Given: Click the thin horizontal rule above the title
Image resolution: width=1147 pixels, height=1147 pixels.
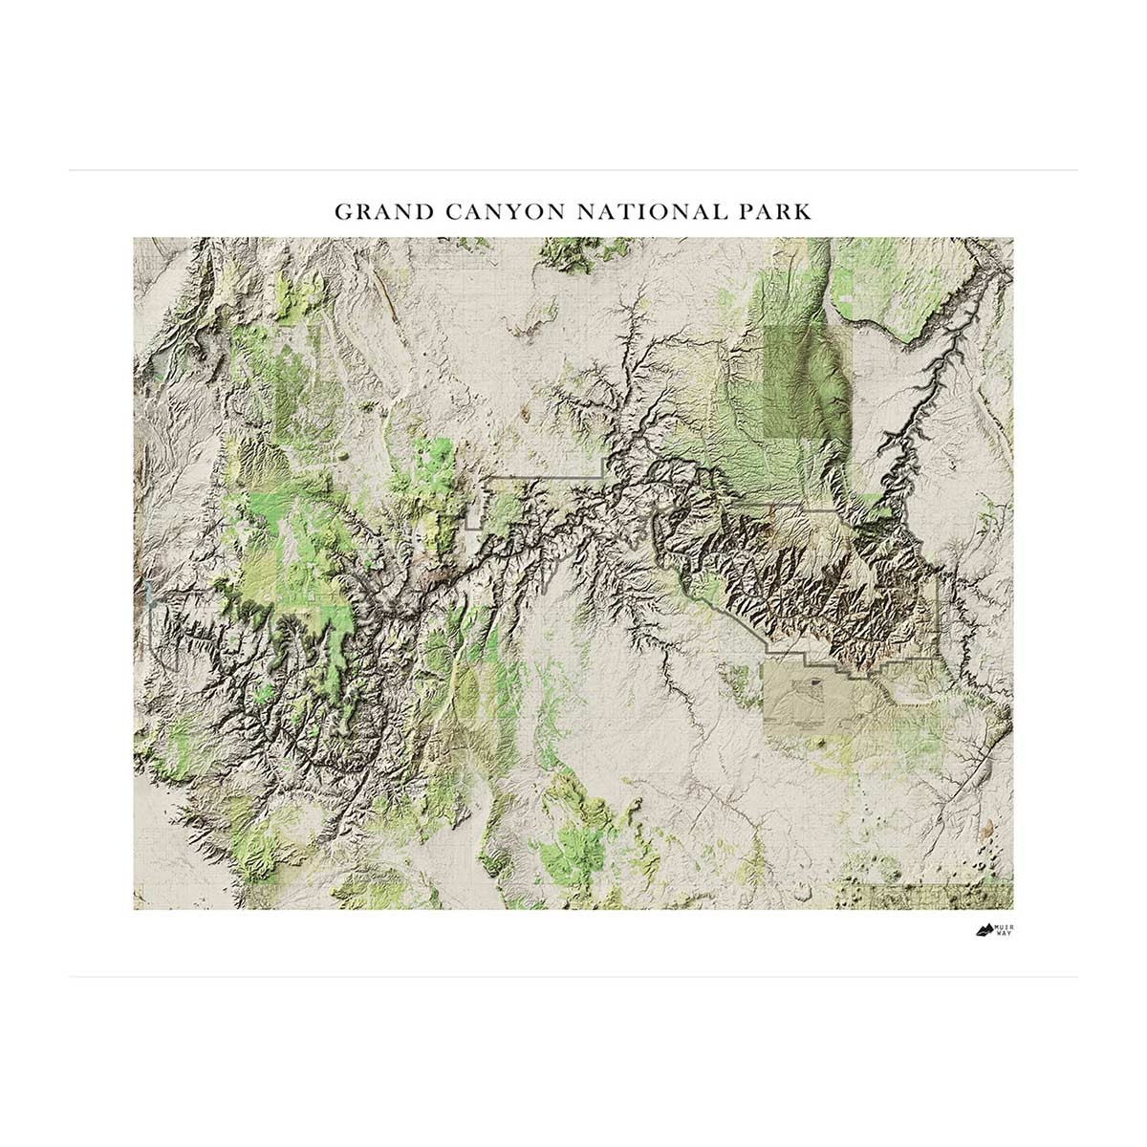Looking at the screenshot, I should click(x=573, y=171).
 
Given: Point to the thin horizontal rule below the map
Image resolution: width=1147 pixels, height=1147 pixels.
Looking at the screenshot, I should click(x=573, y=977).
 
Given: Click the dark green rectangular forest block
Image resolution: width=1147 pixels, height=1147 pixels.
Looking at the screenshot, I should click(x=808, y=382).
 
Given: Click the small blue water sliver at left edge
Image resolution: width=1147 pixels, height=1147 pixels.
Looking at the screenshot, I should click(x=148, y=597).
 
